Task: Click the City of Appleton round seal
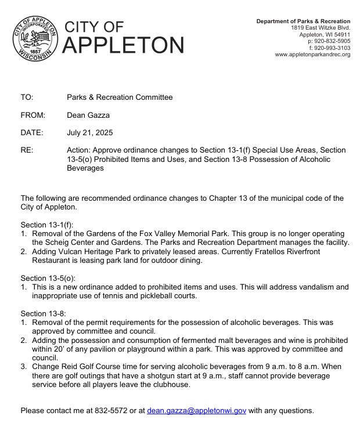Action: point(35,35)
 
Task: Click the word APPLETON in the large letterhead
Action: point(123,44)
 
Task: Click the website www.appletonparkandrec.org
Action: point(312,55)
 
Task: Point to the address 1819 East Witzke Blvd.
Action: point(321,28)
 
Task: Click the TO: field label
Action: point(27,97)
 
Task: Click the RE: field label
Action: point(27,150)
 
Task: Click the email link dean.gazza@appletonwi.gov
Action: point(196,410)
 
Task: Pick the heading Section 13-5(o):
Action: point(49,278)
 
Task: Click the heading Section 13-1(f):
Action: point(47,225)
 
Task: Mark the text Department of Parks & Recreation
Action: point(303,21)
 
